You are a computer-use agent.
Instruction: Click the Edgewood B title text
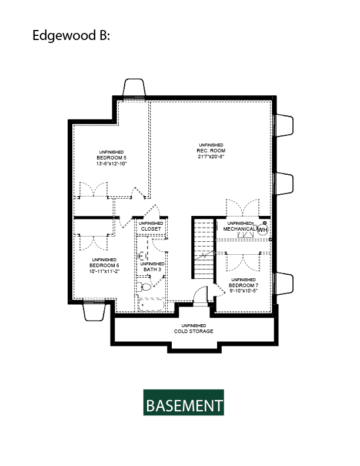pos(71,36)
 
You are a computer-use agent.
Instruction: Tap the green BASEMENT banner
pos(184,402)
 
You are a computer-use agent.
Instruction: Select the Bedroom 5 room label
pos(111,158)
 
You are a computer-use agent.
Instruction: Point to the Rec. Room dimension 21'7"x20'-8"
pos(211,157)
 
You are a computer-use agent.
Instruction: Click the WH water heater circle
pos(262,229)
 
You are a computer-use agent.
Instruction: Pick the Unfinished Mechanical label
pos(239,226)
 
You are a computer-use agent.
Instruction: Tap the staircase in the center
pos(204,248)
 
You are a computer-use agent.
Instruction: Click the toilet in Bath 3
pos(144,287)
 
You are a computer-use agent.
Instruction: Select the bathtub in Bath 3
pos(151,305)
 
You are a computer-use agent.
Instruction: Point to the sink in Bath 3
pos(142,255)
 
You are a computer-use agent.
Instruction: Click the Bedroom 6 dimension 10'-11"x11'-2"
pos(104,271)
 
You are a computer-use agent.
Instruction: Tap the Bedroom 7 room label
pos(244,285)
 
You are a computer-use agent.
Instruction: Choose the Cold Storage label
pos(194,329)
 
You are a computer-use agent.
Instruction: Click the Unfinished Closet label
pos(151,226)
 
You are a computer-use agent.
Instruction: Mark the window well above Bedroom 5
pos(134,88)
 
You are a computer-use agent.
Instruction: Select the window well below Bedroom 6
pos(94,311)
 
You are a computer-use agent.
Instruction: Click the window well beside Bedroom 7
pos(284,284)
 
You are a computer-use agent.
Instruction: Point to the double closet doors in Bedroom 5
pos(94,189)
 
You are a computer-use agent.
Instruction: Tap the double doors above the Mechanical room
pos(243,208)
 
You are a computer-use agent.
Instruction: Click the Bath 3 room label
pos(152,267)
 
